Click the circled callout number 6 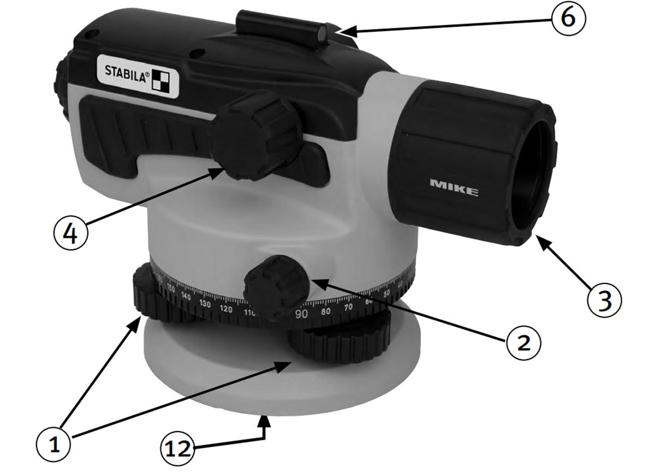(x=568, y=17)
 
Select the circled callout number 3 (x=604, y=300)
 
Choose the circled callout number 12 (x=178, y=448)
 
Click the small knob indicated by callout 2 (x=276, y=286)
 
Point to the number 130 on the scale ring (x=206, y=303)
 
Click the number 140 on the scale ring (x=187, y=297)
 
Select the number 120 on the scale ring (x=226, y=308)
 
